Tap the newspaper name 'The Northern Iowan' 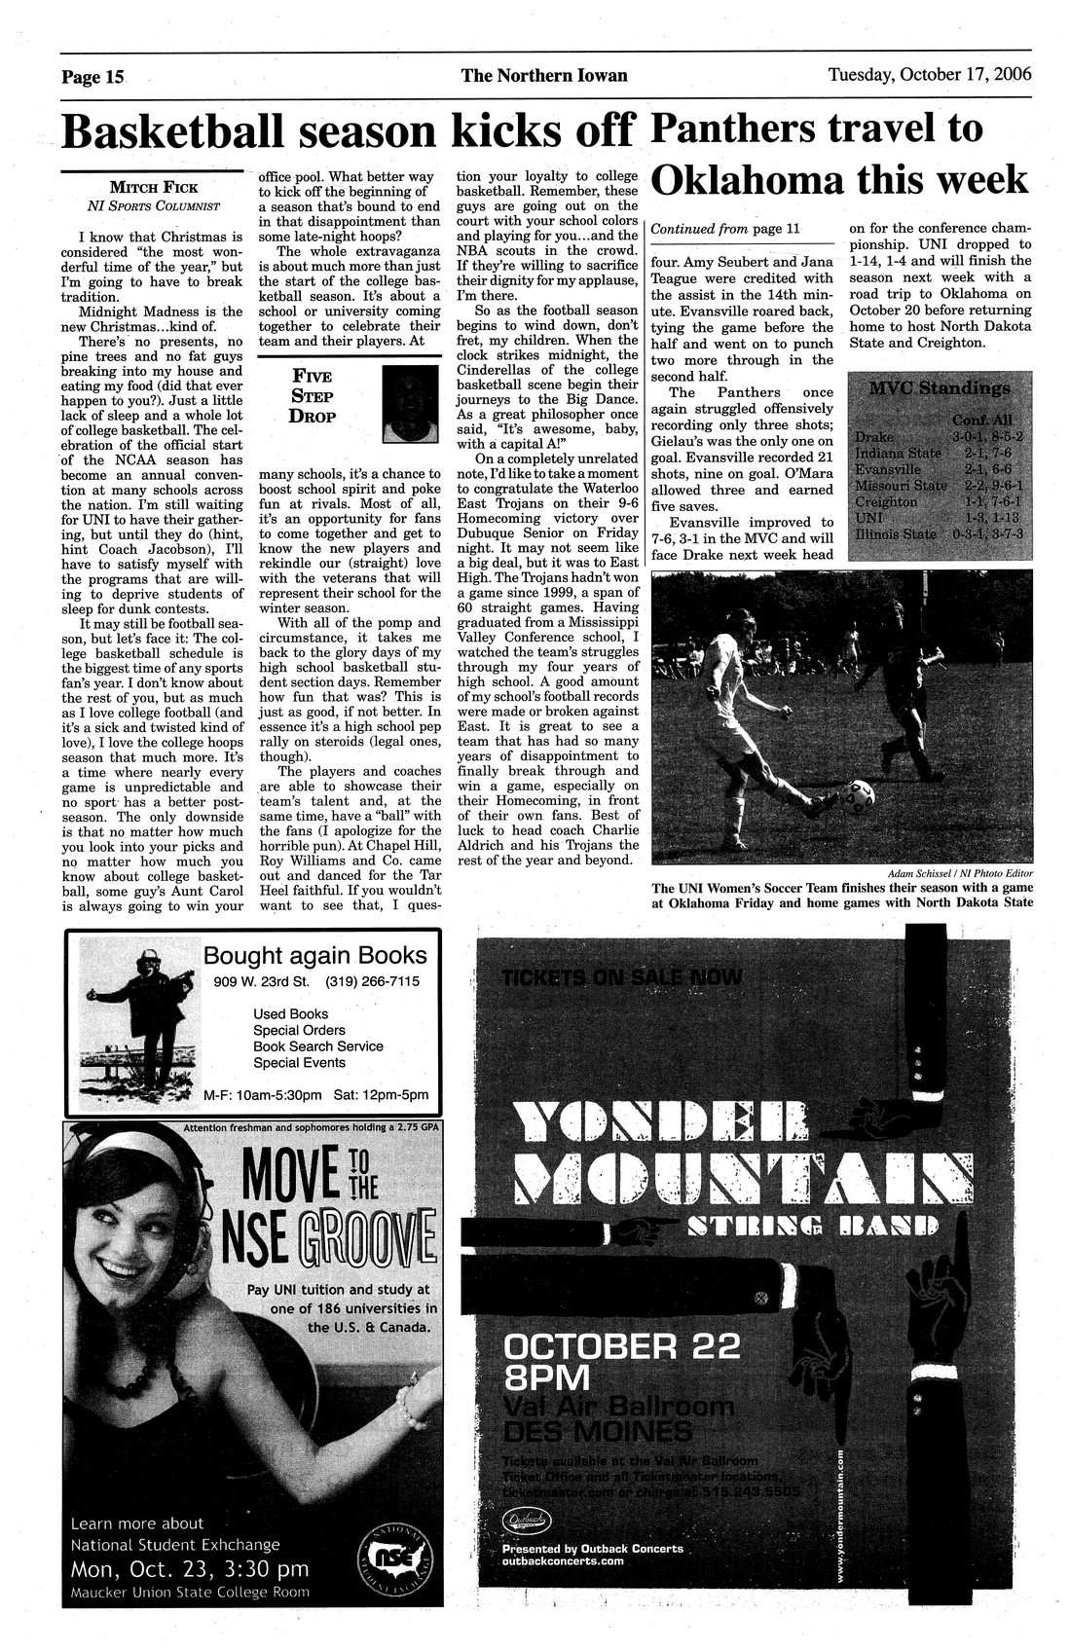544,75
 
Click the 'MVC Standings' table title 933,389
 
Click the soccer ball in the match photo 860,794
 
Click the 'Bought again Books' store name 314,955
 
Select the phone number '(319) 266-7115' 373,981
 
